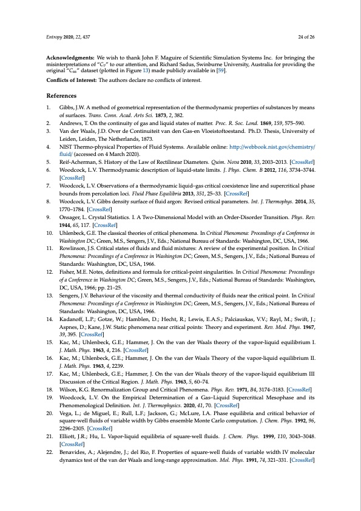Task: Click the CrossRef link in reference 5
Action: pyautogui.click(x=303, y=163)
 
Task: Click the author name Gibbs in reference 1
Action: pyautogui.click(x=67, y=107)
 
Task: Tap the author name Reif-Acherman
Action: pyautogui.click(x=77, y=163)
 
